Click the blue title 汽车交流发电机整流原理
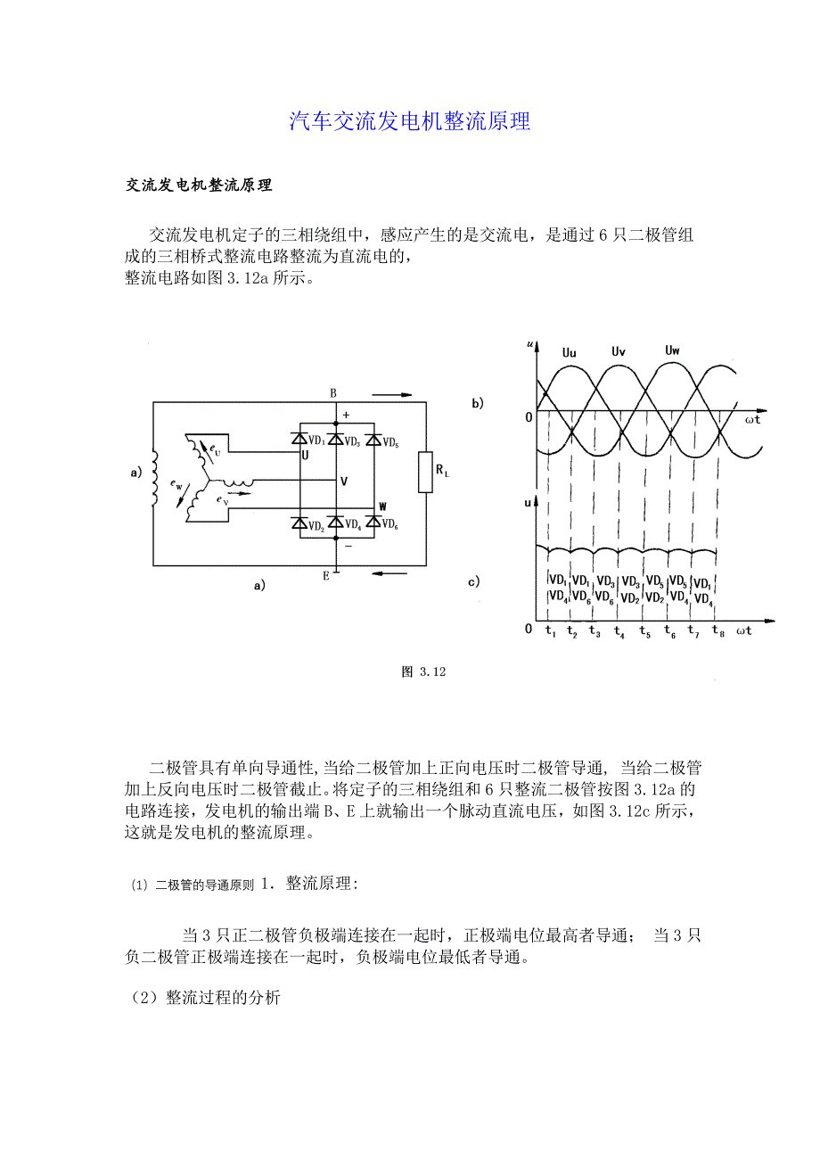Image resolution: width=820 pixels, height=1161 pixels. (x=410, y=122)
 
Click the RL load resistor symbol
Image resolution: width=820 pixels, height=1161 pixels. (x=425, y=473)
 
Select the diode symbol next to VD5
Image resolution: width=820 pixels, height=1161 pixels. (x=373, y=440)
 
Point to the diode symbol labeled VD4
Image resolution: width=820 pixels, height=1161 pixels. (x=336, y=523)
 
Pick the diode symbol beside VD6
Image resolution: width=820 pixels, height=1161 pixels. (x=373, y=523)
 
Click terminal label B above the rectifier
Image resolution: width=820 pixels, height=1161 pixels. (x=333, y=393)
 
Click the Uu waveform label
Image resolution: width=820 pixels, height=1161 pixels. (x=569, y=353)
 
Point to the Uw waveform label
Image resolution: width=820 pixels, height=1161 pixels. (x=672, y=350)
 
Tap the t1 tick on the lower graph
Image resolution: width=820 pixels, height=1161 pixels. (x=550, y=633)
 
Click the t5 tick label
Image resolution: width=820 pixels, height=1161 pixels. (x=645, y=633)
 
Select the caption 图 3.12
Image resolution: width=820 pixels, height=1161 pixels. (x=423, y=672)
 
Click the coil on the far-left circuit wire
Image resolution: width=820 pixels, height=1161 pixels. (x=153, y=477)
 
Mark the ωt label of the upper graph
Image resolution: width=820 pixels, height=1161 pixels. (x=751, y=419)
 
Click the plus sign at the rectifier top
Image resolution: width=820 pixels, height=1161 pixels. (x=346, y=415)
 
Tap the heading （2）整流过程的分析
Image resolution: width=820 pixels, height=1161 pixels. (x=205, y=999)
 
